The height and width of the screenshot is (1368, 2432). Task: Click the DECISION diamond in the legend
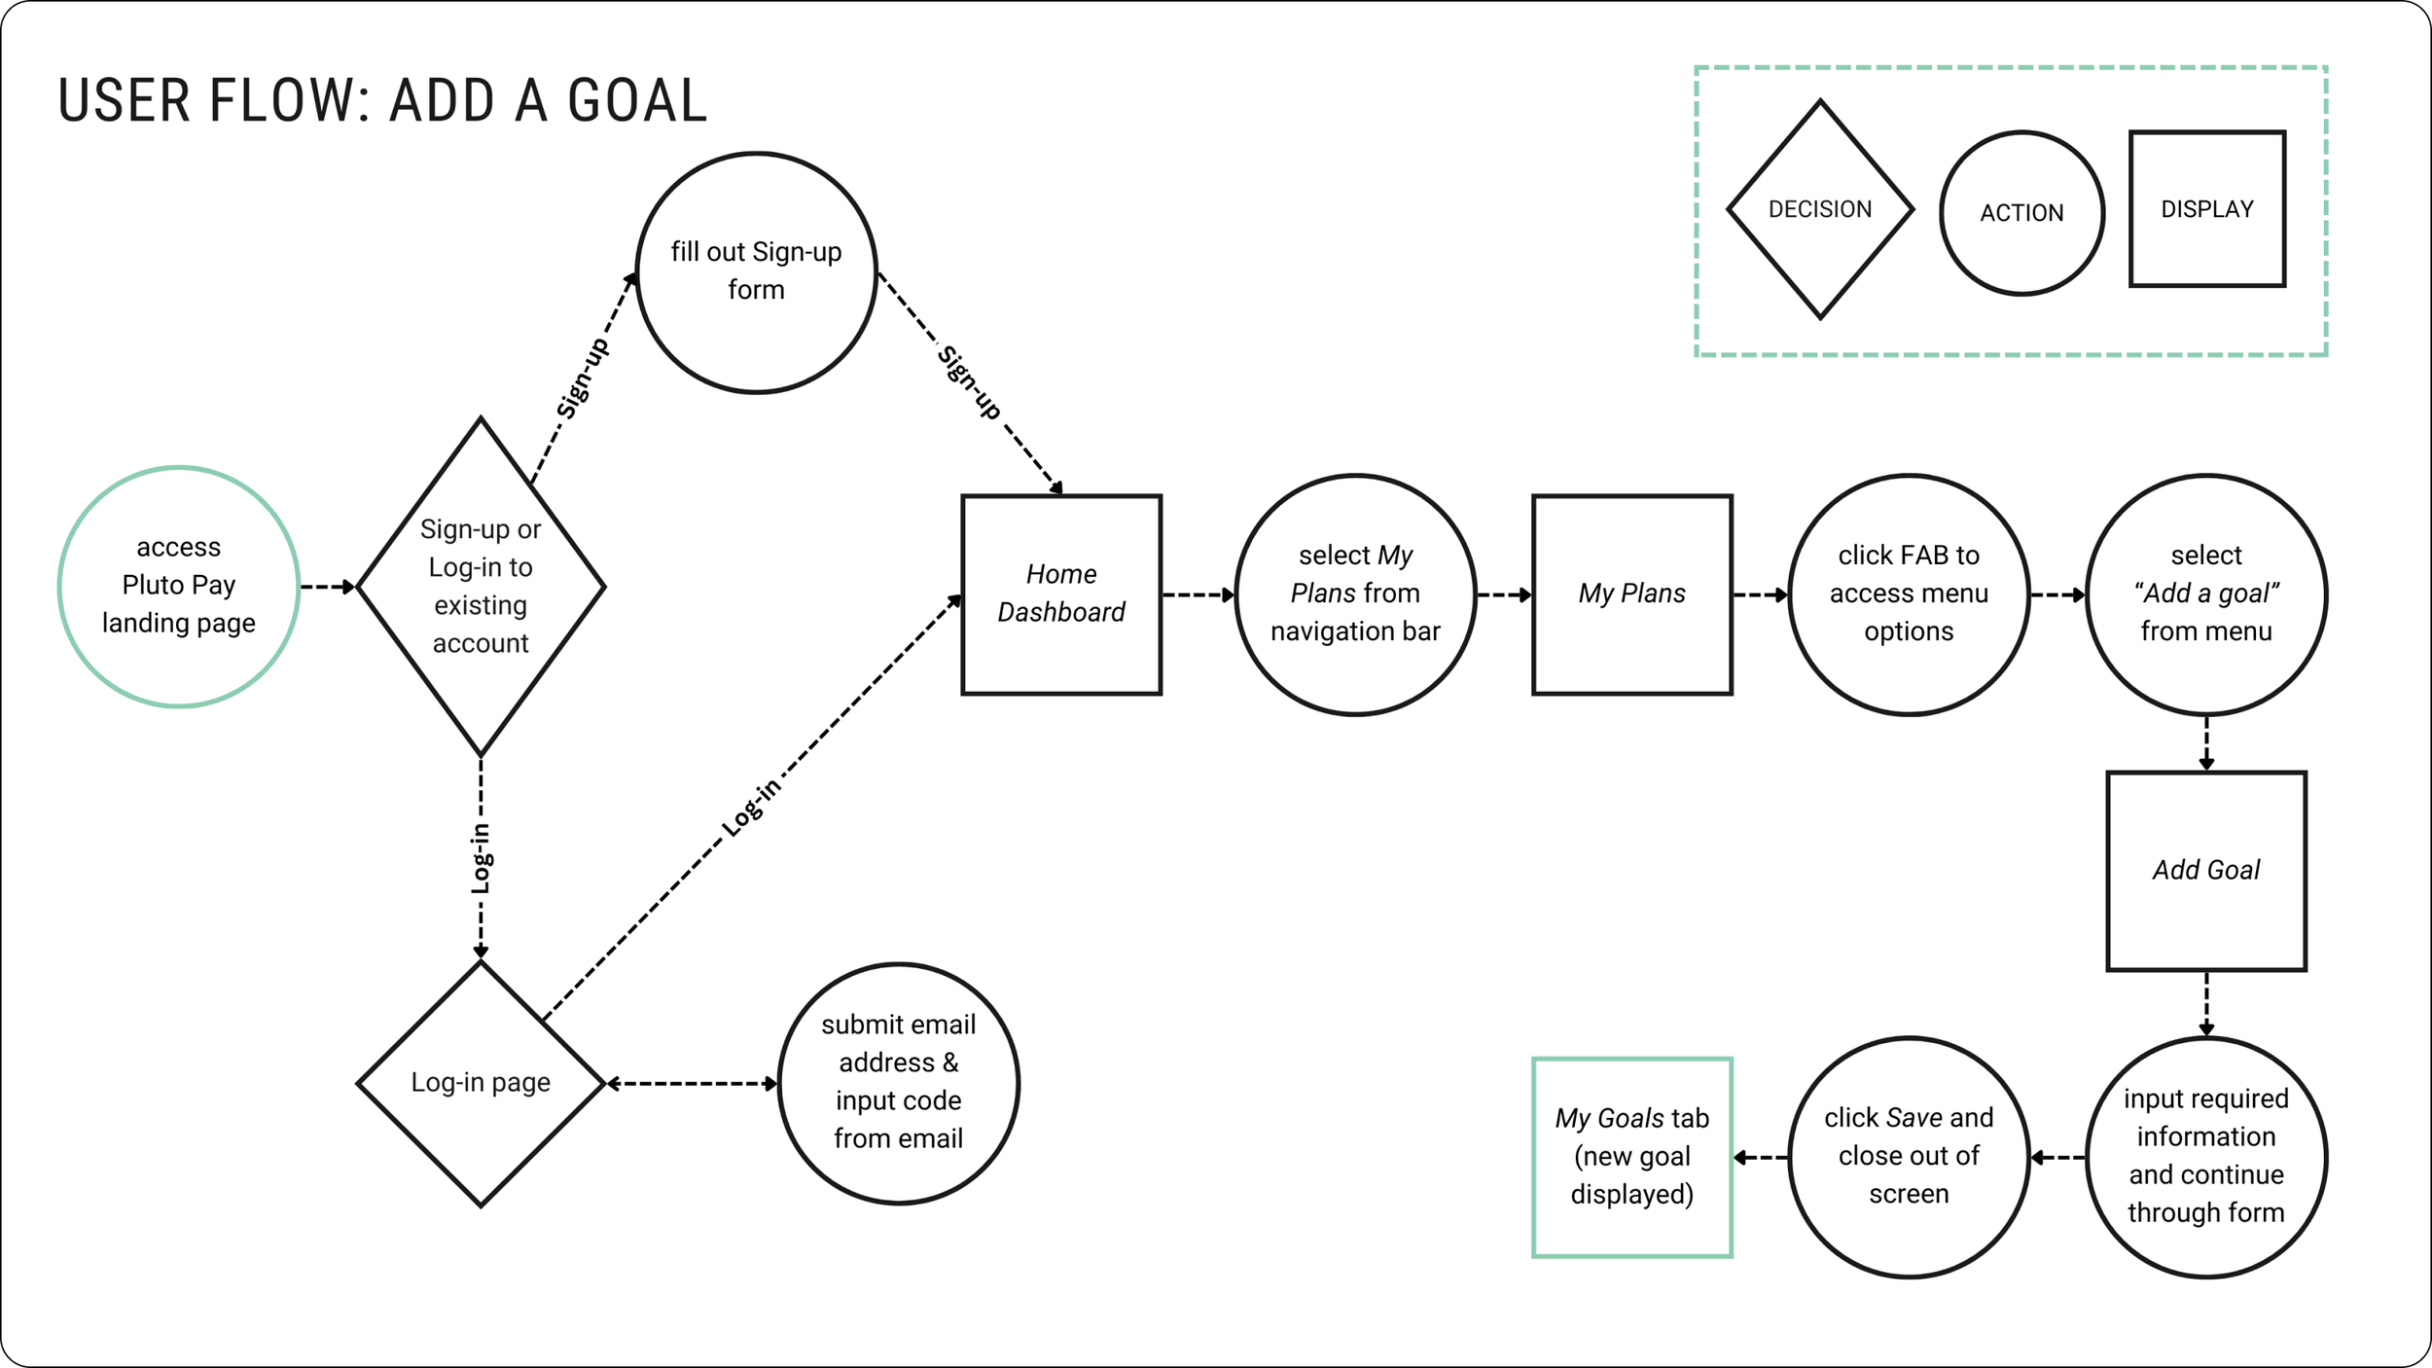click(1820, 209)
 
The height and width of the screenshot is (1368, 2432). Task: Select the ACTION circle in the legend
click(2021, 213)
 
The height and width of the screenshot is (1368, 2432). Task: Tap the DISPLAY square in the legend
click(2207, 209)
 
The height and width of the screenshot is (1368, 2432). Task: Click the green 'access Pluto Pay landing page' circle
click(179, 586)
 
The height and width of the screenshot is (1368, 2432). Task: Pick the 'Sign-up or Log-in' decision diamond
click(481, 586)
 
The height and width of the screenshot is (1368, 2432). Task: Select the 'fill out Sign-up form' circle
click(756, 271)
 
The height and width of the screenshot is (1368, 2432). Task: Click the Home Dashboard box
click(1061, 594)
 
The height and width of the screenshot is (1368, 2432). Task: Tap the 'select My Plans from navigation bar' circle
click(1355, 594)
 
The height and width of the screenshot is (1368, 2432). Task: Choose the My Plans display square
click(1631, 594)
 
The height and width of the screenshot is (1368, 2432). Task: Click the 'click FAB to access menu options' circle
click(1909, 594)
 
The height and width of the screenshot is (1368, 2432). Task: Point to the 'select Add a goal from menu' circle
click(2206, 594)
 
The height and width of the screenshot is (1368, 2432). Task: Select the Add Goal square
click(2206, 870)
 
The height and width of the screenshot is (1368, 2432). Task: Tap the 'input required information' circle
click(2206, 1156)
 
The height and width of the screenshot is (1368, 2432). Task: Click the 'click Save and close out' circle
click(1909, 1156)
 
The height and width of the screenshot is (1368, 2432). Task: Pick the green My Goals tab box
click(1631, 1156)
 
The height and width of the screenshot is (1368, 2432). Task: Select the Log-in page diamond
click(481, 1083)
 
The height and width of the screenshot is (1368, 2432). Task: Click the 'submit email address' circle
click(898, 1082)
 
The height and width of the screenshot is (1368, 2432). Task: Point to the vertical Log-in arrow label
click(481, 858)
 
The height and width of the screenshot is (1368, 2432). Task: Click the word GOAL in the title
click(637, 101)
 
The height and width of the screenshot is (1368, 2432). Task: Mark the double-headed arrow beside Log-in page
click(692, 1083)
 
